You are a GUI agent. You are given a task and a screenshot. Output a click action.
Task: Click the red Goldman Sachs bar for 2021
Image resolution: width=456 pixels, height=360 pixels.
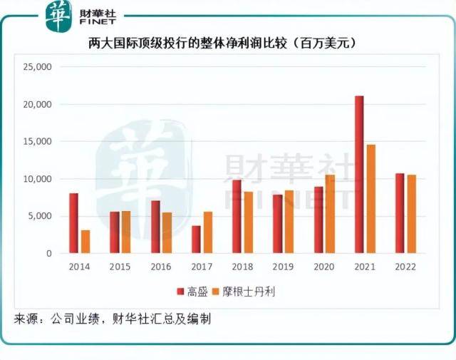[359, 175]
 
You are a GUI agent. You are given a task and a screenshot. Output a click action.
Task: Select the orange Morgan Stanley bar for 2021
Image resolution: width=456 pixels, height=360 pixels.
[370, 199]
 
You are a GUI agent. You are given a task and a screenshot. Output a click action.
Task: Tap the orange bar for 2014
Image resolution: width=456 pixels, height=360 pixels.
[85, 242]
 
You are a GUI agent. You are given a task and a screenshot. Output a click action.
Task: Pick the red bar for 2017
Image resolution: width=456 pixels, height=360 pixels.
[196, 240]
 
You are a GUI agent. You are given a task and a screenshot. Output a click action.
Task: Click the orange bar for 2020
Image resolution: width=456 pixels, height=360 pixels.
[330, 214]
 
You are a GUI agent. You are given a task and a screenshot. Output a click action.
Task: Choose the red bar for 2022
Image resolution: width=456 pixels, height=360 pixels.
[400, 213]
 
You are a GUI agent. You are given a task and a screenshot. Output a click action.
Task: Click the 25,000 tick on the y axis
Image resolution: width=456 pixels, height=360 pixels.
[37, 67]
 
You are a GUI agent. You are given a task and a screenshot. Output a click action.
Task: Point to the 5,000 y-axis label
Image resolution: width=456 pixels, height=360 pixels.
[39, 216]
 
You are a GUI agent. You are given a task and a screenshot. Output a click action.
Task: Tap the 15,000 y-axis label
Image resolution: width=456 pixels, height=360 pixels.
[37, 142]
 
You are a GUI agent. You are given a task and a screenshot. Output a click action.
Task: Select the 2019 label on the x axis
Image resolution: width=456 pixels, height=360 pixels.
[284, 267]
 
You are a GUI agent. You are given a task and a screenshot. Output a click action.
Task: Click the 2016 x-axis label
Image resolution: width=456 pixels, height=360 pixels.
[161, 267]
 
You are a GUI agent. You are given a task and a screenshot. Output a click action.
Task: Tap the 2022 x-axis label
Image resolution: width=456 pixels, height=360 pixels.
[405, 267]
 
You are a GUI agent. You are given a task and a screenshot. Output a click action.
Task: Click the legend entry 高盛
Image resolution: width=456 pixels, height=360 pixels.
[197, 291]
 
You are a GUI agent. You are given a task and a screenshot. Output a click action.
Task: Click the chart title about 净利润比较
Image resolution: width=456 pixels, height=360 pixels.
[227, 43]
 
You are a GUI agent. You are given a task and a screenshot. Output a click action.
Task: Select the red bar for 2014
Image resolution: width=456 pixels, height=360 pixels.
[74, 223]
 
